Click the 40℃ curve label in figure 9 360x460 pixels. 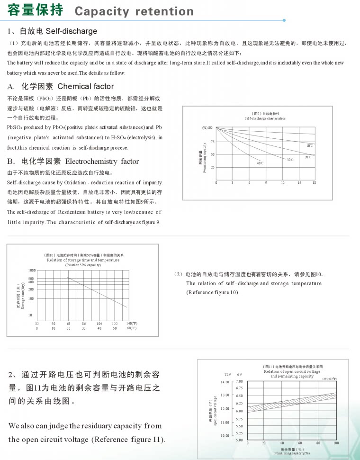click(x=260, y=163)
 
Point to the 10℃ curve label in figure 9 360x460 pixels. click(x=309, y=146)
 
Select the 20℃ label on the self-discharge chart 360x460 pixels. click(x=308, y=157)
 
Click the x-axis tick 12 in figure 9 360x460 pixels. click(x=283, y=182)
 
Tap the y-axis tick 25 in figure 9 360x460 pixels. click(x=212, y=168)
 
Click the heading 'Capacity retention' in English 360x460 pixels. click(x=134, y=11)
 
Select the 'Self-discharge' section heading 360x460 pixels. click(x=71, y=31)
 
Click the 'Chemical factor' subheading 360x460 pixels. click(x=86, y=87)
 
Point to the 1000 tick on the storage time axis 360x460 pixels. click(x=32, y=270)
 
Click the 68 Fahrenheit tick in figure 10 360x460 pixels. click(x=69, y=323)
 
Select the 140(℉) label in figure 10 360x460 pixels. click(x=132, y=323)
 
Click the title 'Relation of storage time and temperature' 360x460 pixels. click(x=83, y=260)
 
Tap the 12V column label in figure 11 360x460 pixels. click(x=228, y=374)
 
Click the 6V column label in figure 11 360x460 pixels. click(x=240, y=374)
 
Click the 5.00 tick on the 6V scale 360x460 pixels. click(x=240, y=440)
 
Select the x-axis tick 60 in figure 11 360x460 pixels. click(x=300, y=443)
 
